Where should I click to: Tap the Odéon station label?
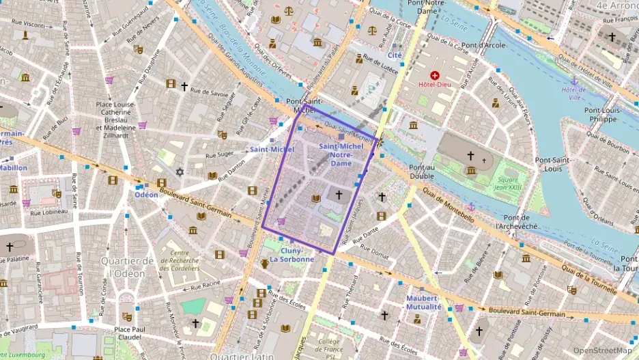tap(145, 194)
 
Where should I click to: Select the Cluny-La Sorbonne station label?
tap(292, 255)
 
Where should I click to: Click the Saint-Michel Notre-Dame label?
tap(335, 154)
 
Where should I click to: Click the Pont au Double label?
tap(422, 171)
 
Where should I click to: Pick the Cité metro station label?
tap(395, 55)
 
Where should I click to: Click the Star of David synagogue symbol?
tap(180, 171)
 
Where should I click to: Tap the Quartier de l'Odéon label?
tap(127, 267)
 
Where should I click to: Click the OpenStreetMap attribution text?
tap(603, 350)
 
